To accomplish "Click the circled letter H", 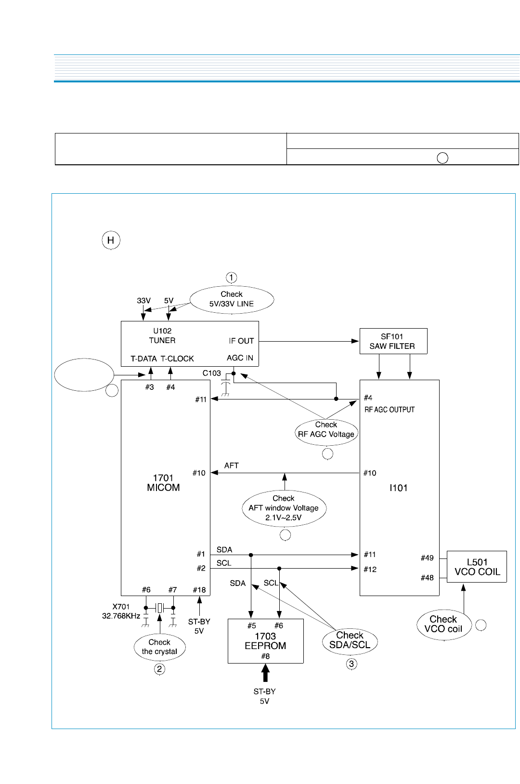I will (x=111, y=240).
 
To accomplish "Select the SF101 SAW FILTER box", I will (x=393, y=341).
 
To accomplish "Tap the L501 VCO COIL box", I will (x=477, y=567).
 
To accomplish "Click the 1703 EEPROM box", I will (x=265, y=641).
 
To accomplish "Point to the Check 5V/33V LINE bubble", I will (x=232, y=299).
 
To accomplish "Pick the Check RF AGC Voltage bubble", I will (x=326, y=430).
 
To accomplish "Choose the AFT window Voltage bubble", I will (x=284, y=508).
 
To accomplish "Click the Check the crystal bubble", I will (x=159, y=647).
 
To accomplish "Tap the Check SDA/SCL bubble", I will (x=350, y=640).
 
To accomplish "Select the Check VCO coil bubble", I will (x=443, y=624).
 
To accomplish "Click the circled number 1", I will (x=232, y=278).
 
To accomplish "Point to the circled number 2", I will (x=159, y=669).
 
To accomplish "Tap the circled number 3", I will (x=351, y=664).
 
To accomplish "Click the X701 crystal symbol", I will (x=160, y=608).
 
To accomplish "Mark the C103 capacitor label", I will (x=211, y=373).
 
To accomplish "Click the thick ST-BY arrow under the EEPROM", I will (x=265, y=673).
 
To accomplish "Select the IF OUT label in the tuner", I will (x=241, y=341).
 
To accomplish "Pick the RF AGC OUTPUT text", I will (x=390, y=410).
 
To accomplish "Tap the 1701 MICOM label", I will (x=163, y=483).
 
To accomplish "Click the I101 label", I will (x=399, y=488).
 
